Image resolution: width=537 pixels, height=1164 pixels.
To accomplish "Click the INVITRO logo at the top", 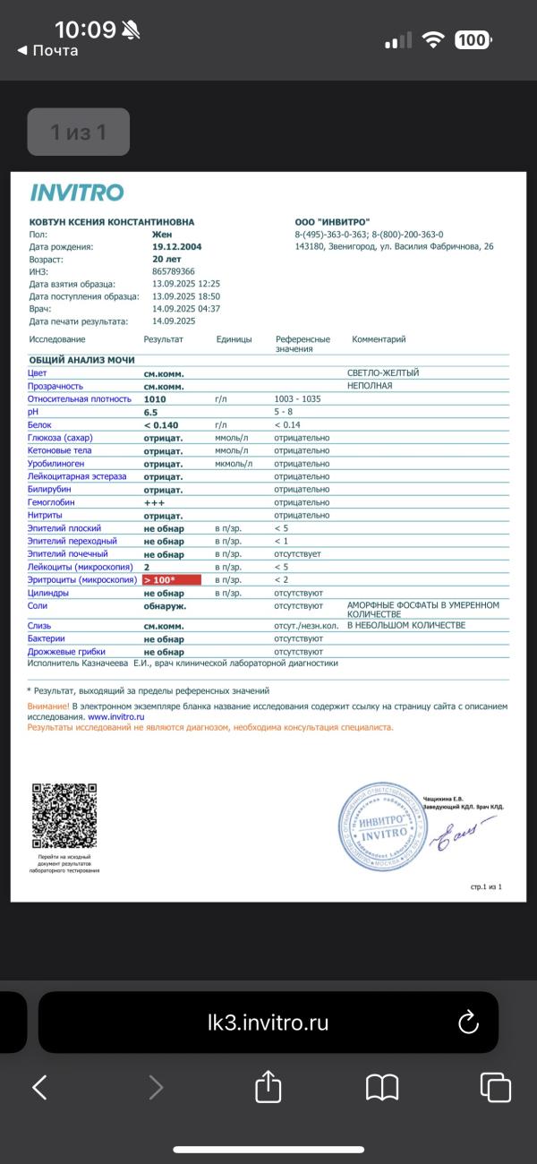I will pos(77,193).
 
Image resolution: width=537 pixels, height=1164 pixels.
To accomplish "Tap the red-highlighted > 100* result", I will pos(171,580).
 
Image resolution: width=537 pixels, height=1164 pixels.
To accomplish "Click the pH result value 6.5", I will pos(151,412).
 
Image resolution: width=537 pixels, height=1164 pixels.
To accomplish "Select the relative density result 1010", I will pos(156,398).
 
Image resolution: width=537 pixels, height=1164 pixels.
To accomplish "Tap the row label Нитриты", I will pos(49,516).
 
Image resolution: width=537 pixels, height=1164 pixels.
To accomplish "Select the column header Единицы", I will pos(234,339).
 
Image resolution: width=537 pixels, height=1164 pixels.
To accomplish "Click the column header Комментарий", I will pos(379,339).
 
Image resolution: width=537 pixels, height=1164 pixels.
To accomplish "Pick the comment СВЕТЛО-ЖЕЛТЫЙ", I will pos(382,372).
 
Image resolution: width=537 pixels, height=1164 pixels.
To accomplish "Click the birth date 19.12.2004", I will pos(176,246).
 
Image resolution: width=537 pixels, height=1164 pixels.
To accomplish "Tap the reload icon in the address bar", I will pos(469,1023).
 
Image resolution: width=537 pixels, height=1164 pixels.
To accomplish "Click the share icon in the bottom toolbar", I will pos(268,1087).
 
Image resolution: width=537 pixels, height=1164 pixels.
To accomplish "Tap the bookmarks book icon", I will pos(382,1087).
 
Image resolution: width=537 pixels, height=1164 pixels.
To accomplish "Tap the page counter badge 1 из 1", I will pos(78,133).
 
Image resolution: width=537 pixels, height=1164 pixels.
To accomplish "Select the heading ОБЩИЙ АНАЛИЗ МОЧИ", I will pos(81,359).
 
